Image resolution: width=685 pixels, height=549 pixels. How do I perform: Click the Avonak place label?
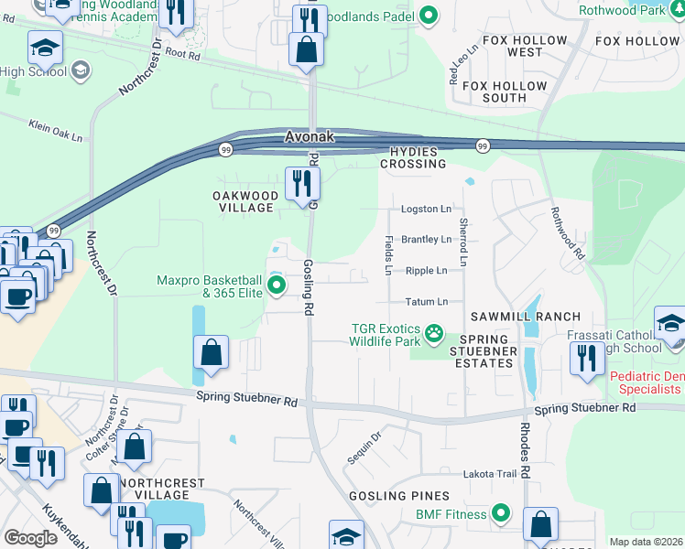309,136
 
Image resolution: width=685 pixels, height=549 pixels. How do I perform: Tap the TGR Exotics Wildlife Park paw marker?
434,335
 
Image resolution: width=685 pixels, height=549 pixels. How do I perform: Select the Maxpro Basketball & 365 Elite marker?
277,288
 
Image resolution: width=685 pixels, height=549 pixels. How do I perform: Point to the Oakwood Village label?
244,201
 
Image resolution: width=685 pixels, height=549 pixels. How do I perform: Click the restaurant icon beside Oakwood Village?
299,184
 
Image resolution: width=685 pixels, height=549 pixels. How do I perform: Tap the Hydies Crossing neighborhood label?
418,157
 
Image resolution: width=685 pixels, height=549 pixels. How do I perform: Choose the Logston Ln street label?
427,209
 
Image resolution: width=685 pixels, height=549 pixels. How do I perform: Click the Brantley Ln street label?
427,239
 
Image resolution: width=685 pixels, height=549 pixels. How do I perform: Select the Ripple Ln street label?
426,271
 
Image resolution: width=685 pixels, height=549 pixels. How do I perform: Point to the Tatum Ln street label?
427,301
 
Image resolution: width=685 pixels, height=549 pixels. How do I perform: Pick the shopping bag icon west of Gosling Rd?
211,354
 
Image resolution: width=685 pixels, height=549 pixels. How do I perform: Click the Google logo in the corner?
31,538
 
